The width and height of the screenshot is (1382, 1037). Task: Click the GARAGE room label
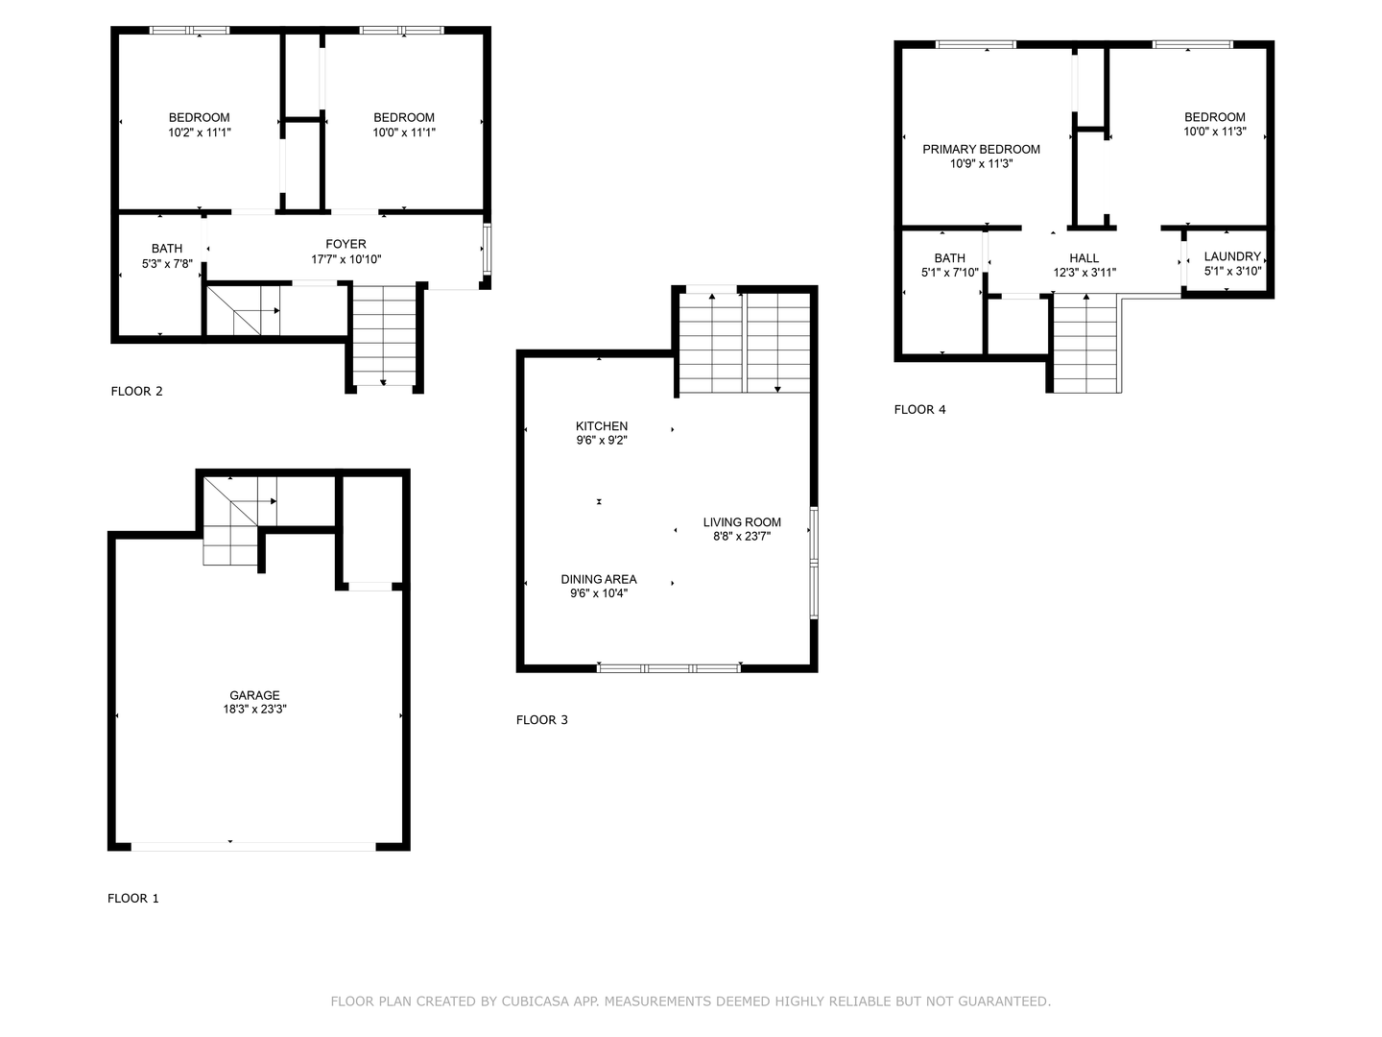(254, 695)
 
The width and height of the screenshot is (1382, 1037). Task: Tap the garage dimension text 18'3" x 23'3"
(254, 710)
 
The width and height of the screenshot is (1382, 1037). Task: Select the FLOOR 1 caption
(133, 899)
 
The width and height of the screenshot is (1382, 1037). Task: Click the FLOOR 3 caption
(542, 720)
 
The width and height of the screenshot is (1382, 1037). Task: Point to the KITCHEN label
(602, 426)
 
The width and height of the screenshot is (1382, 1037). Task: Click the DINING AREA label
(599, 579)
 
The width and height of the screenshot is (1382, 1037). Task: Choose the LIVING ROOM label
(742, 522)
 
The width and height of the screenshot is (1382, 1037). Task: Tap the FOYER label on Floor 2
(345, 244)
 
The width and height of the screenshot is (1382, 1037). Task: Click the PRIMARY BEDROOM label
(981, 149)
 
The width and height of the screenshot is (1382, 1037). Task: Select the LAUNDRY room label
(1232, 256)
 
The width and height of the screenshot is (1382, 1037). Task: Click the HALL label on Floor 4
(1084, 257)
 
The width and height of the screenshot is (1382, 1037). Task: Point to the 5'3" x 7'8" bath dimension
(167, 263)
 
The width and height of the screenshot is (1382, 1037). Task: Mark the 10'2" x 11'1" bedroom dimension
(200, 133)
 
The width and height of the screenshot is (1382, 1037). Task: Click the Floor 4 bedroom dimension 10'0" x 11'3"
(1214, 132)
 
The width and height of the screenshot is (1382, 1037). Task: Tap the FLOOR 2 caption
(137, 392)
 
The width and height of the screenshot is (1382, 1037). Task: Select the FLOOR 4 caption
(919, 410)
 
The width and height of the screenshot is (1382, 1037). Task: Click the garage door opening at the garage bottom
(253, 846)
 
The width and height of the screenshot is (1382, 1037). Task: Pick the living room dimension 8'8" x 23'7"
(742, 537)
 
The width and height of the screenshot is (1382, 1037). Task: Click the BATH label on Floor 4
(949, 257)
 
